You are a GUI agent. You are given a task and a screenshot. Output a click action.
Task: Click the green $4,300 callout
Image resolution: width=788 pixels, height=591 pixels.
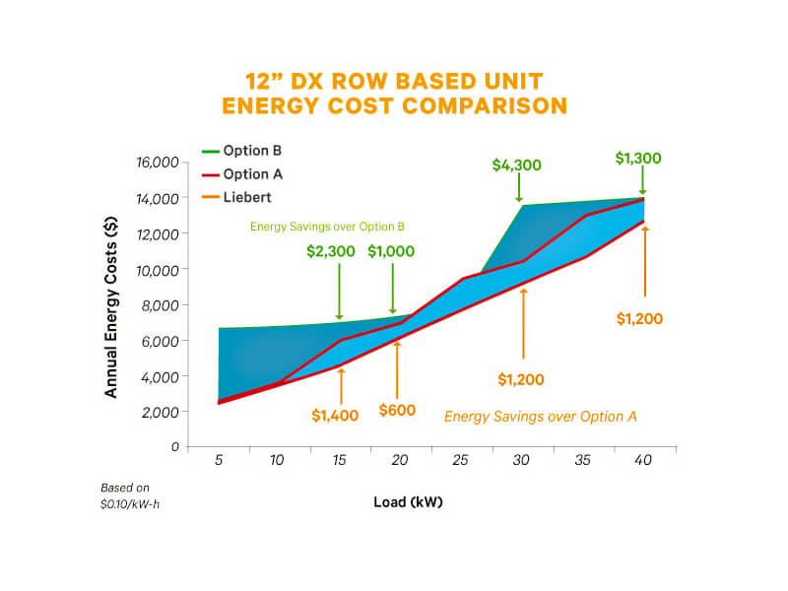[516, 165]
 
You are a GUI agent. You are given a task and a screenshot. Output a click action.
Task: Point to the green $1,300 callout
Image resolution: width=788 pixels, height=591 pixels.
[638, 158]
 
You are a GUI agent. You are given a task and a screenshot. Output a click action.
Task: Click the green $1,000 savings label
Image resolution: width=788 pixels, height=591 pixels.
[392, 251]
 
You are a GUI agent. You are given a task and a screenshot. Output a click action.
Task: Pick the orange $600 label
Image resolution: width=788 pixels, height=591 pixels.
[397, 410]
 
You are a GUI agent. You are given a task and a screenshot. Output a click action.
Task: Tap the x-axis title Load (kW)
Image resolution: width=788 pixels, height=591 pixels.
[408, 502]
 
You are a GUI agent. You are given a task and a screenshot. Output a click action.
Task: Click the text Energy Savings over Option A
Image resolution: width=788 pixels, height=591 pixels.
[541, 417]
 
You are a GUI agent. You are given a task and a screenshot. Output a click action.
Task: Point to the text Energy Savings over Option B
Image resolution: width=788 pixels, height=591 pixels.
[327, 227]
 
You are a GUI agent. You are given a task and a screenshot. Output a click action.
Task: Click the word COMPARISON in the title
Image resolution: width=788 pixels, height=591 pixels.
[475, 106]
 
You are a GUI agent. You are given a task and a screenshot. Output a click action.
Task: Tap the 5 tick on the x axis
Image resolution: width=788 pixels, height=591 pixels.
[219, 460]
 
